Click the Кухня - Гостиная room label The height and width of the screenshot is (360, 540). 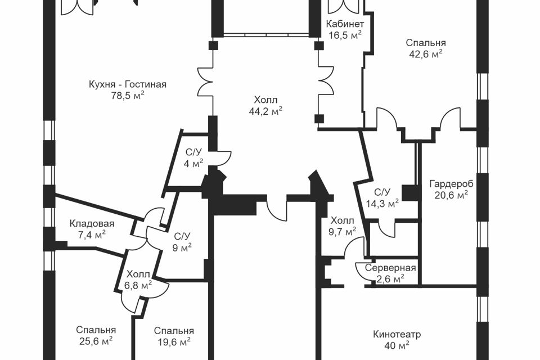click(x=128, y=84)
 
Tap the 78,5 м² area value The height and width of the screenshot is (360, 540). click(x=128, y=96)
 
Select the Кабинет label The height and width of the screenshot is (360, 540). click(x=345, y=24)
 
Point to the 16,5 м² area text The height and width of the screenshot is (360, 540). click(x=345, y=35)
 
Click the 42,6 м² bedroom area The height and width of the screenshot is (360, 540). click(x=426, y=54)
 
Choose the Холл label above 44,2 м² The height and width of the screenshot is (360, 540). click(x=265, y=100)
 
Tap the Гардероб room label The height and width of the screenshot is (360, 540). click(x=451, y=184)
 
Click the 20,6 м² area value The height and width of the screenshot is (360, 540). click(x=451, y=195)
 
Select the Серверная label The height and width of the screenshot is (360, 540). click(x=390, y=268)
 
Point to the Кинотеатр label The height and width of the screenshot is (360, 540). click(x=397, y=334)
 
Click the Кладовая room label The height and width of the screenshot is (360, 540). click(x=92, y=224)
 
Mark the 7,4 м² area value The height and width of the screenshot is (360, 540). click(x=92, y=235)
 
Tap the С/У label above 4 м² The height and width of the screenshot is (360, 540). click(x=193, y=152)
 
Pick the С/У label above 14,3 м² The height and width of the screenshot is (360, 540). click(x=382, y=192)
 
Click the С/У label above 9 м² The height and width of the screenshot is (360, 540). click(x=182, y=236)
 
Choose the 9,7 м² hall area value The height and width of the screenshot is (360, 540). click(x=343, y=232)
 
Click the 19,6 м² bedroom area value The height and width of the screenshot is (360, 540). click(x=174, y=342)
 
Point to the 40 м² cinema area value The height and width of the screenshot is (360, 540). click(x=397, y=345)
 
